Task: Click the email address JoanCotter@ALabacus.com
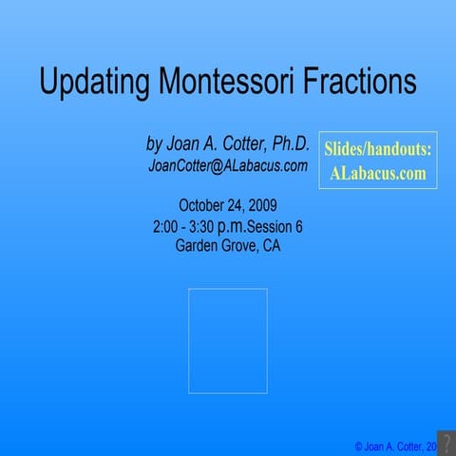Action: tap(227, 165)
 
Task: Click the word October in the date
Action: tap(203, 205)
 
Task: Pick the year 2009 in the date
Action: tap(261, 205)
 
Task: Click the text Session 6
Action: tap(275, 227)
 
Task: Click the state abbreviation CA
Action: tap(271, 246)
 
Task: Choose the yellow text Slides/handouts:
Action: tap(377, 150)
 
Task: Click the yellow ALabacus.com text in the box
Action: tap(377, 174)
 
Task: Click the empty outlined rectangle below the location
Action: tap(227, 340)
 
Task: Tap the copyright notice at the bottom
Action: tap(394, 446)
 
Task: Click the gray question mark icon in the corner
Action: tap(446, 443)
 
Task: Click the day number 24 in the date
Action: tap(236, 205)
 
